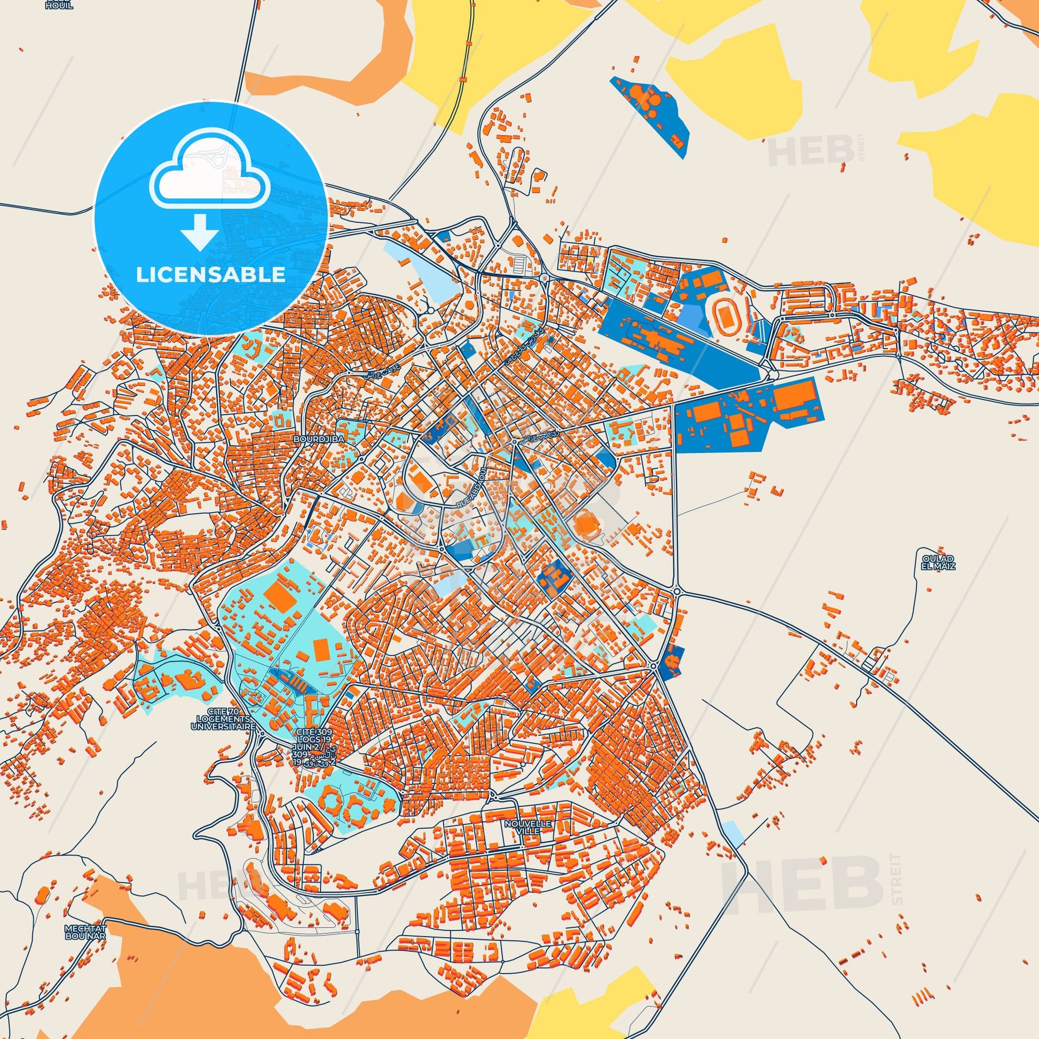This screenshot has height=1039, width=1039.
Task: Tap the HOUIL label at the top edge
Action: tap(59, 6)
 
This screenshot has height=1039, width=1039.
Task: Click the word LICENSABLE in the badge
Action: tap(211, 275)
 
